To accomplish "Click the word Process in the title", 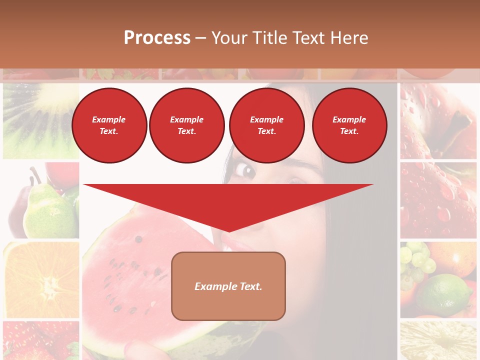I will [157, 38].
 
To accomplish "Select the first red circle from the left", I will [109, 125].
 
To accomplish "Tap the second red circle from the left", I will [187, 125].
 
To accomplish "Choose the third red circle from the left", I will [267, 125].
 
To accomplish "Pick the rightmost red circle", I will [349, 125].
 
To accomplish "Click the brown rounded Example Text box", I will [228, 286].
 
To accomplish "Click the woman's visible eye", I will [246, 170].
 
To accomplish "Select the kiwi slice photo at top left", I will [41, 120].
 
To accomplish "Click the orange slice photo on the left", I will [41, 280].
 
